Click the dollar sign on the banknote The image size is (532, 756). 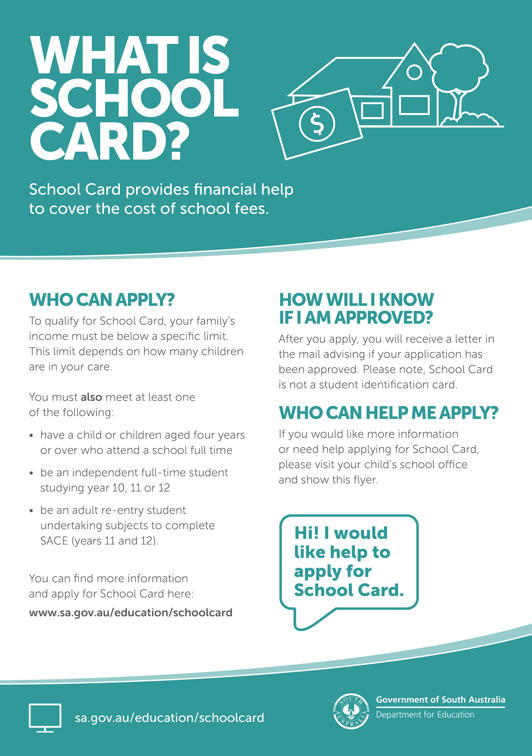[317, 124]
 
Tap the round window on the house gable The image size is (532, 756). [414, 72]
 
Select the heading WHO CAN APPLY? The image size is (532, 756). [102, 300]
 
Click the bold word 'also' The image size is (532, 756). [91, 397]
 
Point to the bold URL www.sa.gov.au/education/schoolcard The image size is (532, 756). [131, 613]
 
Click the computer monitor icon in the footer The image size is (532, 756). [45, 717]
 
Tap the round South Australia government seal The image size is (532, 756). [351, 711]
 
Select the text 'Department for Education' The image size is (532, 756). [425, 715]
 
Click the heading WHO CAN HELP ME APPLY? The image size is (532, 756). [388, 413]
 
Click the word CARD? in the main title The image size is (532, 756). [110, 141]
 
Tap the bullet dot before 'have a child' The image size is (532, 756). [32, 435]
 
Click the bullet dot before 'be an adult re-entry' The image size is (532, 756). [32, 511]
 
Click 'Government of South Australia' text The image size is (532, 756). [440, 700]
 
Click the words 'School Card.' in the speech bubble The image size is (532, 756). [349, 590]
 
